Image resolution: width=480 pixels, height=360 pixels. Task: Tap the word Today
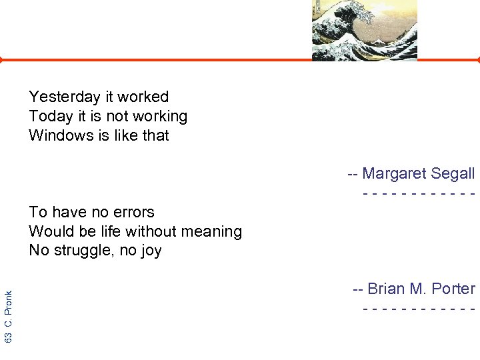(51, 117)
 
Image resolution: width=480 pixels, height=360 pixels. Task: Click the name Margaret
(395, 174)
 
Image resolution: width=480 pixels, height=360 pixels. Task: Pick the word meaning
(213, 232)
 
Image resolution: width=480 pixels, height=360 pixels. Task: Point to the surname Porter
(453, 289)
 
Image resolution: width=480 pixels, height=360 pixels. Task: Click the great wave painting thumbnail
(364, 30)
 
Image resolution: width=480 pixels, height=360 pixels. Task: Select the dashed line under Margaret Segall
(419, 194)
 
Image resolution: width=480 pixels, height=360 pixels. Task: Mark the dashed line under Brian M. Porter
(419, 309)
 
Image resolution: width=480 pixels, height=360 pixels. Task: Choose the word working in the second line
(160, 117)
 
